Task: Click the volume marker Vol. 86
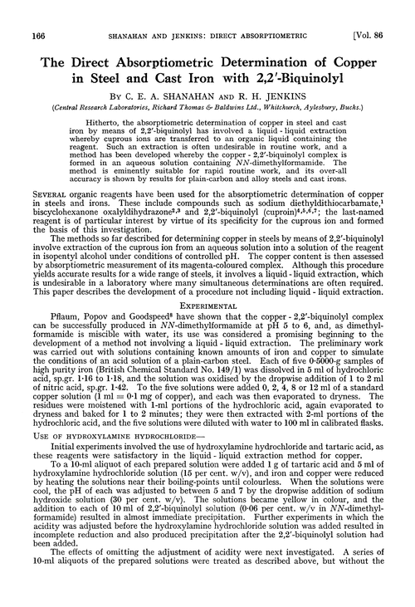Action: [x=384, y=10]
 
